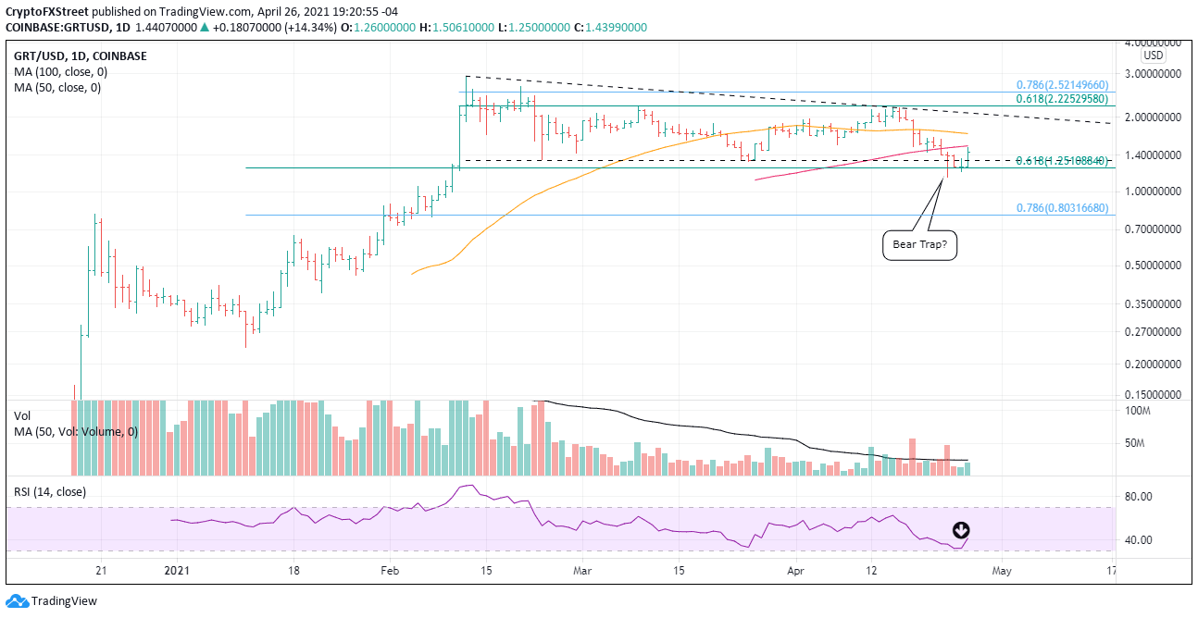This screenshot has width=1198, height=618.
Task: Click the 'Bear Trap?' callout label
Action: click(x=918, y=245)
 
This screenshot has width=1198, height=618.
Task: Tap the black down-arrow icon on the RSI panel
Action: click(x=961, y=531)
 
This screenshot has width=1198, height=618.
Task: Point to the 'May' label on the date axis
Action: click(x=1000, y=569)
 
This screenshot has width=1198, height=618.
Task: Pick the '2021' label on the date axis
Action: click(x=176, y=569)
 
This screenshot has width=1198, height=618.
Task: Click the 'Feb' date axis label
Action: click(x=390, y=569)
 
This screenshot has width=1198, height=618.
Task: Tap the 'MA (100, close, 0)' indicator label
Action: click(x=57, y=71)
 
